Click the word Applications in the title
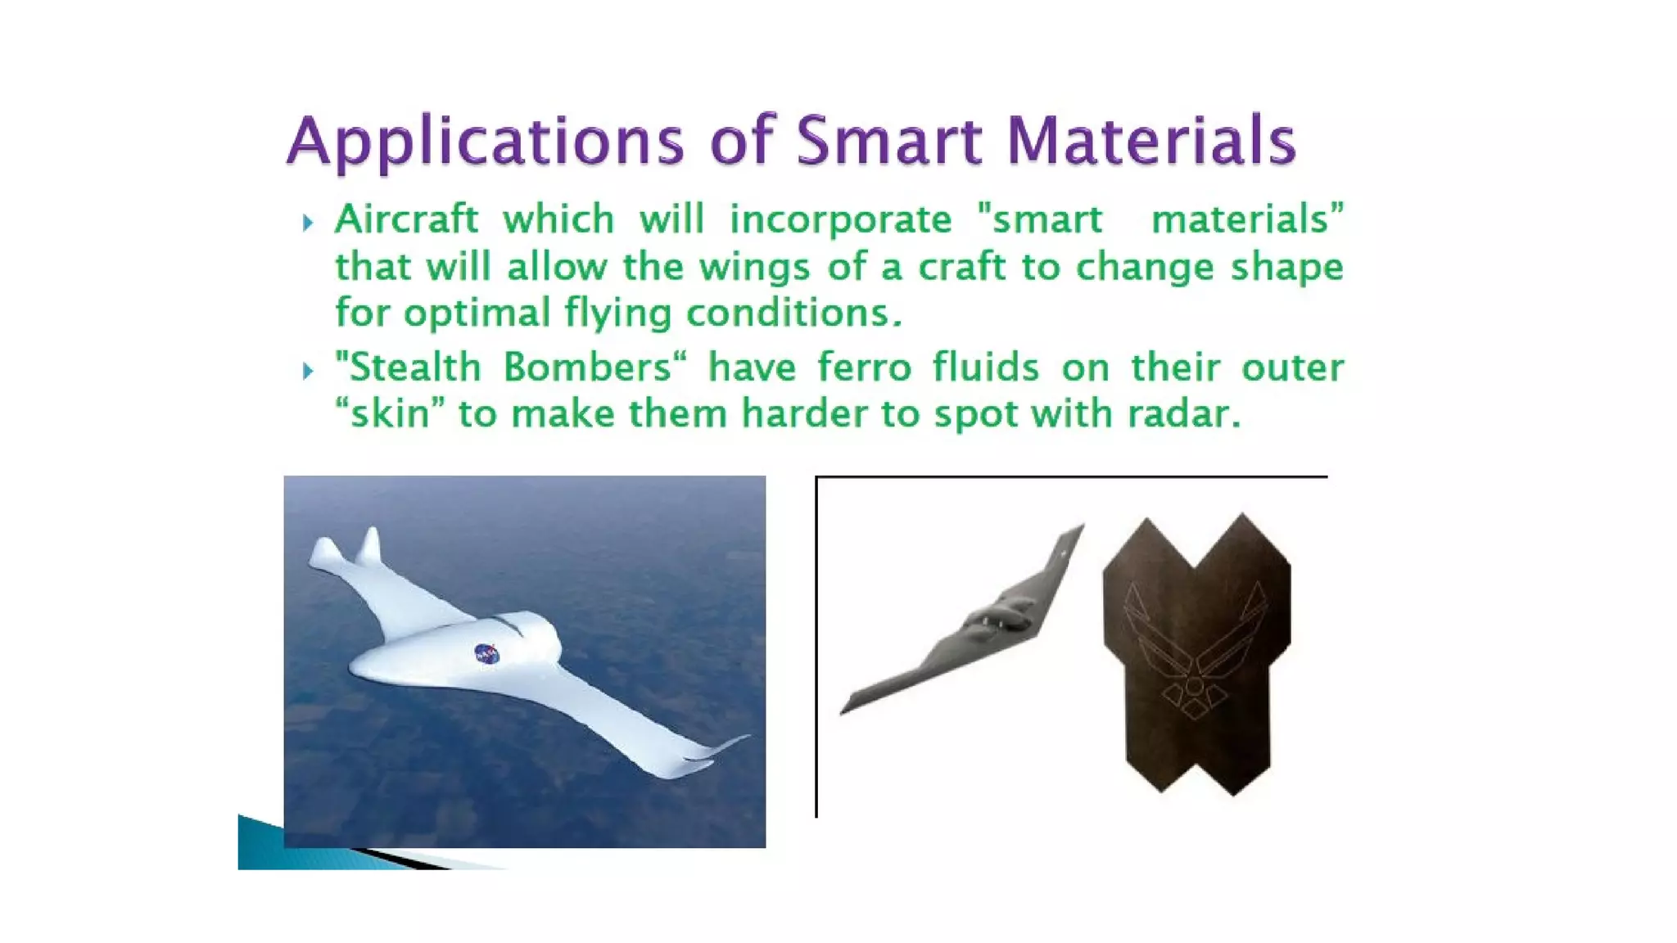(485, 141)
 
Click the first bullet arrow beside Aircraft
(308, 223)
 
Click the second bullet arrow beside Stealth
(308, 371)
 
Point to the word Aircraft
(406, 219)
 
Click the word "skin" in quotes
(390, 414)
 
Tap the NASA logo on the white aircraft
(486, 653)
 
